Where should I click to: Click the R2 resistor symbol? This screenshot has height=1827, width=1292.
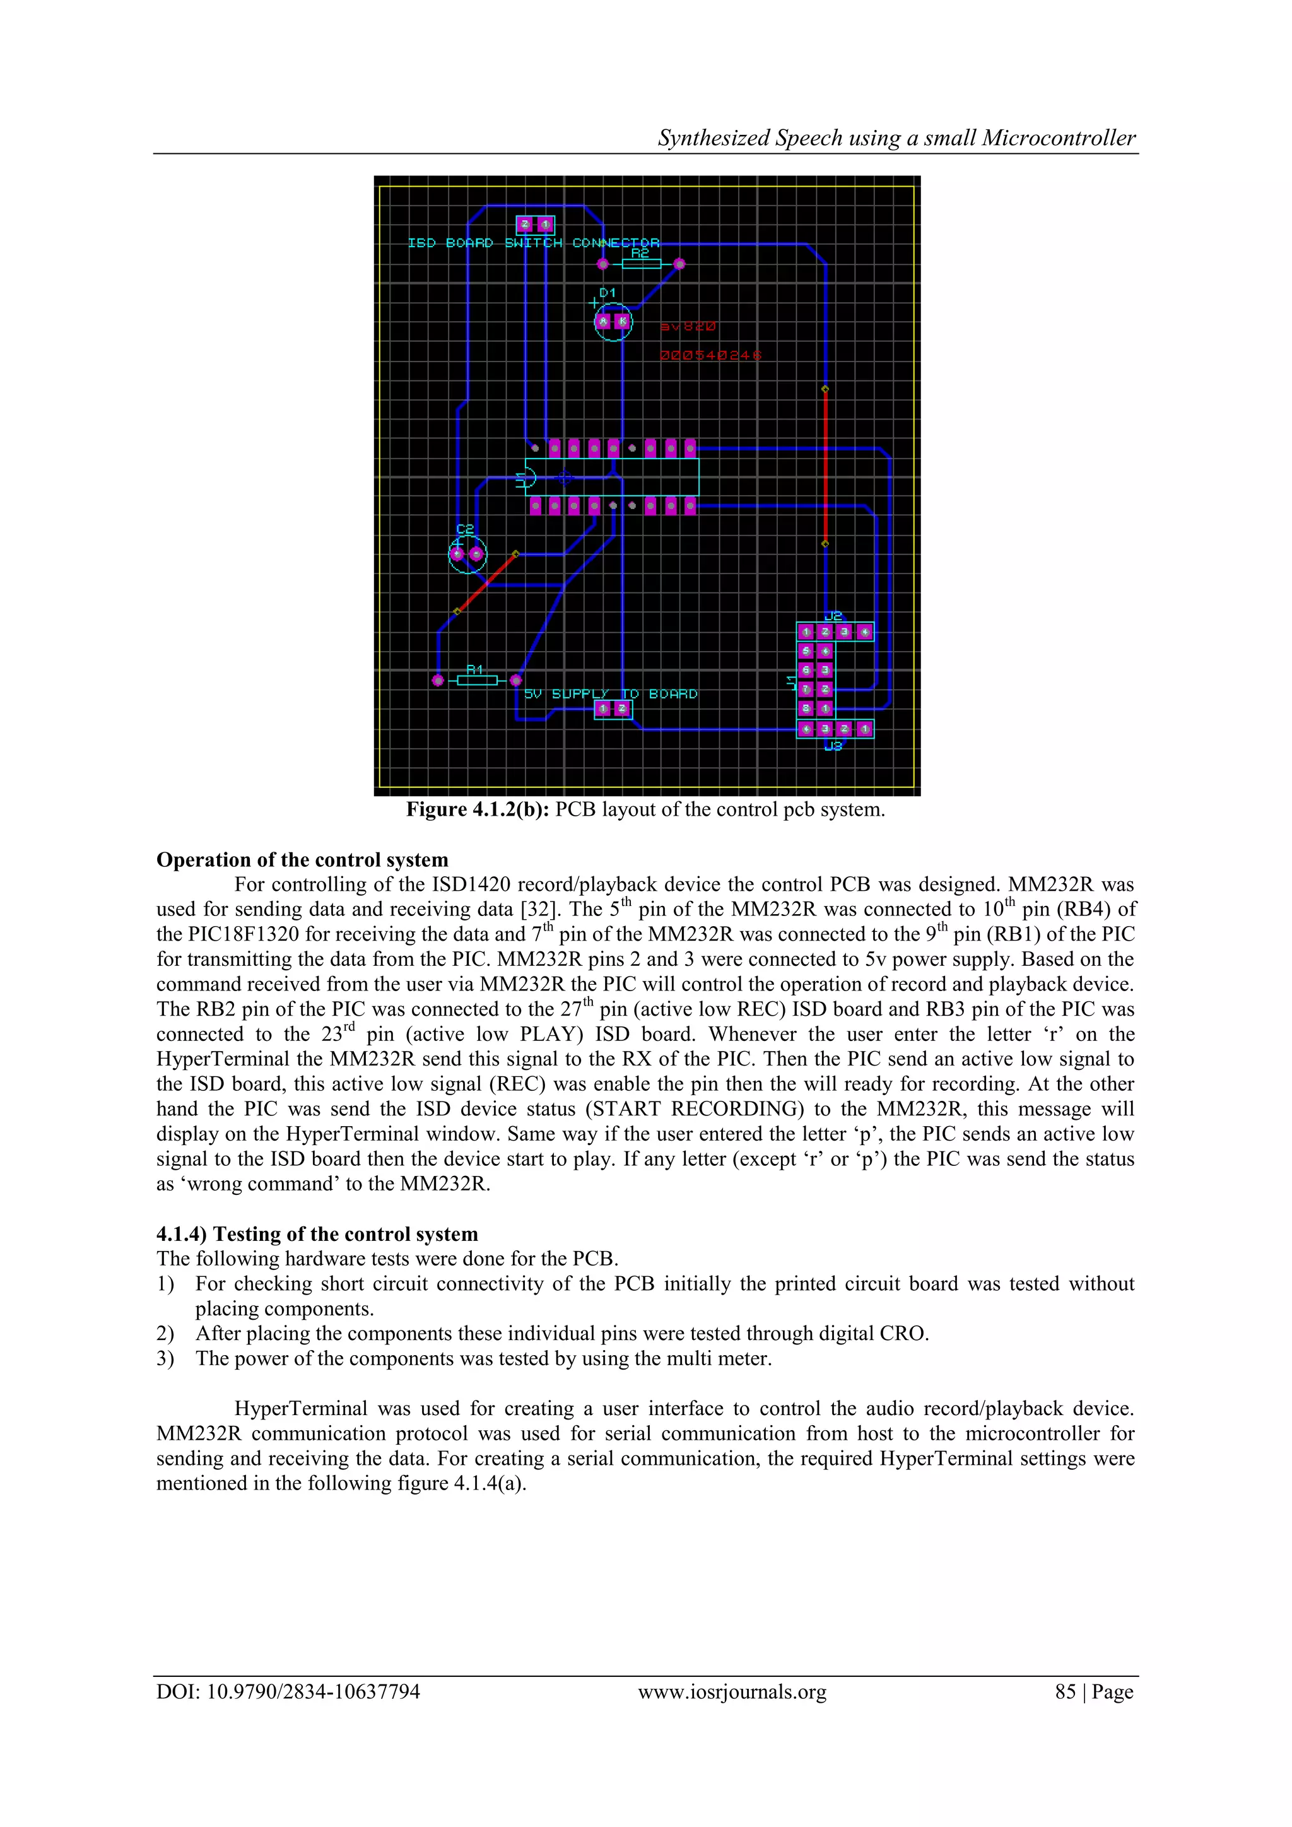pyautogui.click(x=640, y=263)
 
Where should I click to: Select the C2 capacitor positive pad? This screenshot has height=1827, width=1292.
pyautogui.click(x=457, y=554)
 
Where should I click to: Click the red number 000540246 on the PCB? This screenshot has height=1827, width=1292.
pyautogui.click(x=710, y=355)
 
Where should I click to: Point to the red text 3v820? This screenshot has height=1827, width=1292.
pyautogui.click(x=688, y=326)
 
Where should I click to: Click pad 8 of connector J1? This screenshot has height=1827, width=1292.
pyautogui.click(x=806, y=708)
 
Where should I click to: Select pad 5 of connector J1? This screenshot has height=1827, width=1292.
pyautogui.click(x=806, y=651)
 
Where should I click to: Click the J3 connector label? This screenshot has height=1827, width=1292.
pyautogui.click(x=833, y=746)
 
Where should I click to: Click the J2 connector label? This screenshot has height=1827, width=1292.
pyautogui.click(x=833, y=616)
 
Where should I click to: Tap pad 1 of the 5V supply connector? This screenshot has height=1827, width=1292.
pyautogui.click(x=603, y=708)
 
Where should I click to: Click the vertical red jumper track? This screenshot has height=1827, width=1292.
pyautogui.click(x=825, y=466)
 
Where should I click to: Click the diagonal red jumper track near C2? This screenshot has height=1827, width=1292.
pyautogui.click(x=486, y=582)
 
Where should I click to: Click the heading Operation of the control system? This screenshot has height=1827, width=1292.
pyautogui.click(x=302, y=860)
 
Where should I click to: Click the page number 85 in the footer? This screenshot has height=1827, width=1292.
pyautogui.click(x=1066, y=1693)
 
